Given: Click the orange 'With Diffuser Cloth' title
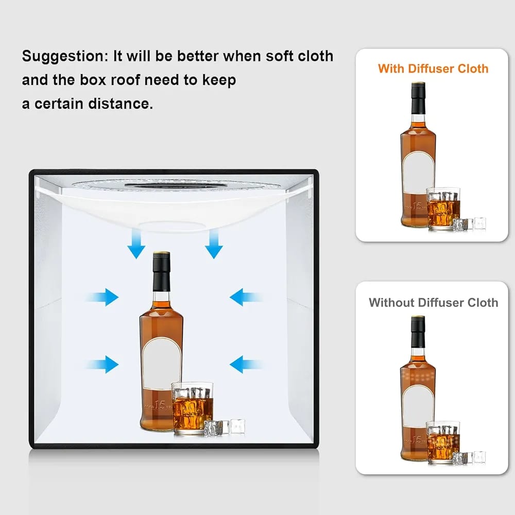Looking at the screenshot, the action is click(x=433, y=68).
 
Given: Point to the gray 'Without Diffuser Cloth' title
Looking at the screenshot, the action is click(x=433, y=302).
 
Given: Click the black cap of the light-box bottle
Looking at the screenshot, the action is click(x=161, y=271).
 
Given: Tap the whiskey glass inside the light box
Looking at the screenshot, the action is click(x=192, y=408).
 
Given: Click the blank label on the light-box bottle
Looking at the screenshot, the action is click(x=161, y=364).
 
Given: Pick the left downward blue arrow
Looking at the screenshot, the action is click(x=136, y=244).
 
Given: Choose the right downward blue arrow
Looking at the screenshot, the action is click(x=214, y=244).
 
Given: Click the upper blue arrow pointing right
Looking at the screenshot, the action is click(x=102, y=297).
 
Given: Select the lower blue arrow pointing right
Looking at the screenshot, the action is click(x=102, y=364).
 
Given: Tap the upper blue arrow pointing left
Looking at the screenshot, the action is click(x=246, y=297).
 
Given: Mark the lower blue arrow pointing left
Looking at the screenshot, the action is click(x=246, y=364).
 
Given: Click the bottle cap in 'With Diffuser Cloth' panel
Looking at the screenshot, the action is click(x=418, y=98).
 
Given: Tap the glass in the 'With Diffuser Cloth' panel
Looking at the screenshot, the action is click(x=443, y=208).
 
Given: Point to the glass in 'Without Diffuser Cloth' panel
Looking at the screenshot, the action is click(x=443, y=442).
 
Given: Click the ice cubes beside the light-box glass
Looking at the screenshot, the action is click(x=225, y=427).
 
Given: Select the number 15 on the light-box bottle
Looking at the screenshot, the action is click(x=160, y=405).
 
